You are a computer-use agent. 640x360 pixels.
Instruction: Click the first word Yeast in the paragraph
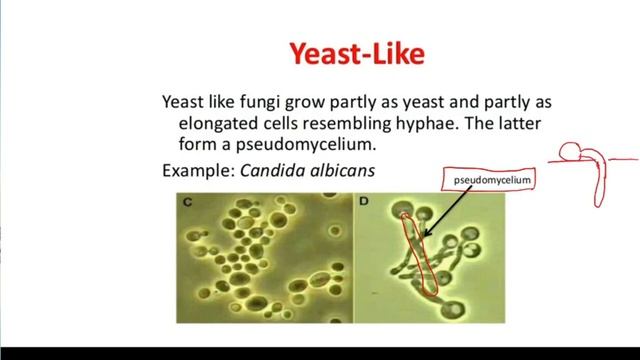click(184, 102)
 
